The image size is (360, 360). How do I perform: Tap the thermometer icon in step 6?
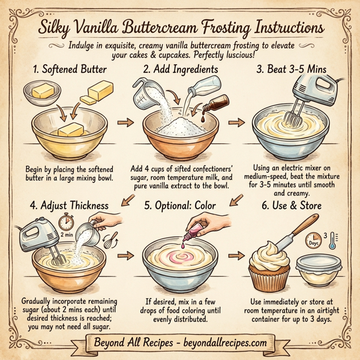[331, 239]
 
